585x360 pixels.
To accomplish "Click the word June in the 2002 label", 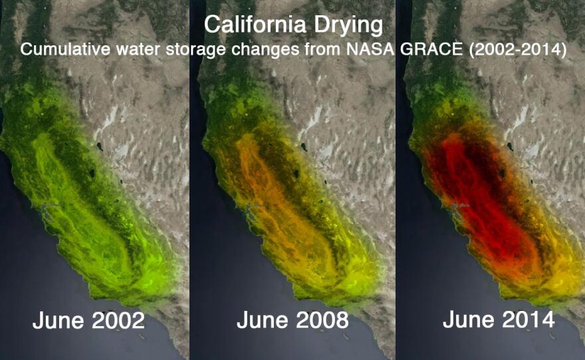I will tap(55, 321).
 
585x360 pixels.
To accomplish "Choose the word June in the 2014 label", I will tap(465, 319).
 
